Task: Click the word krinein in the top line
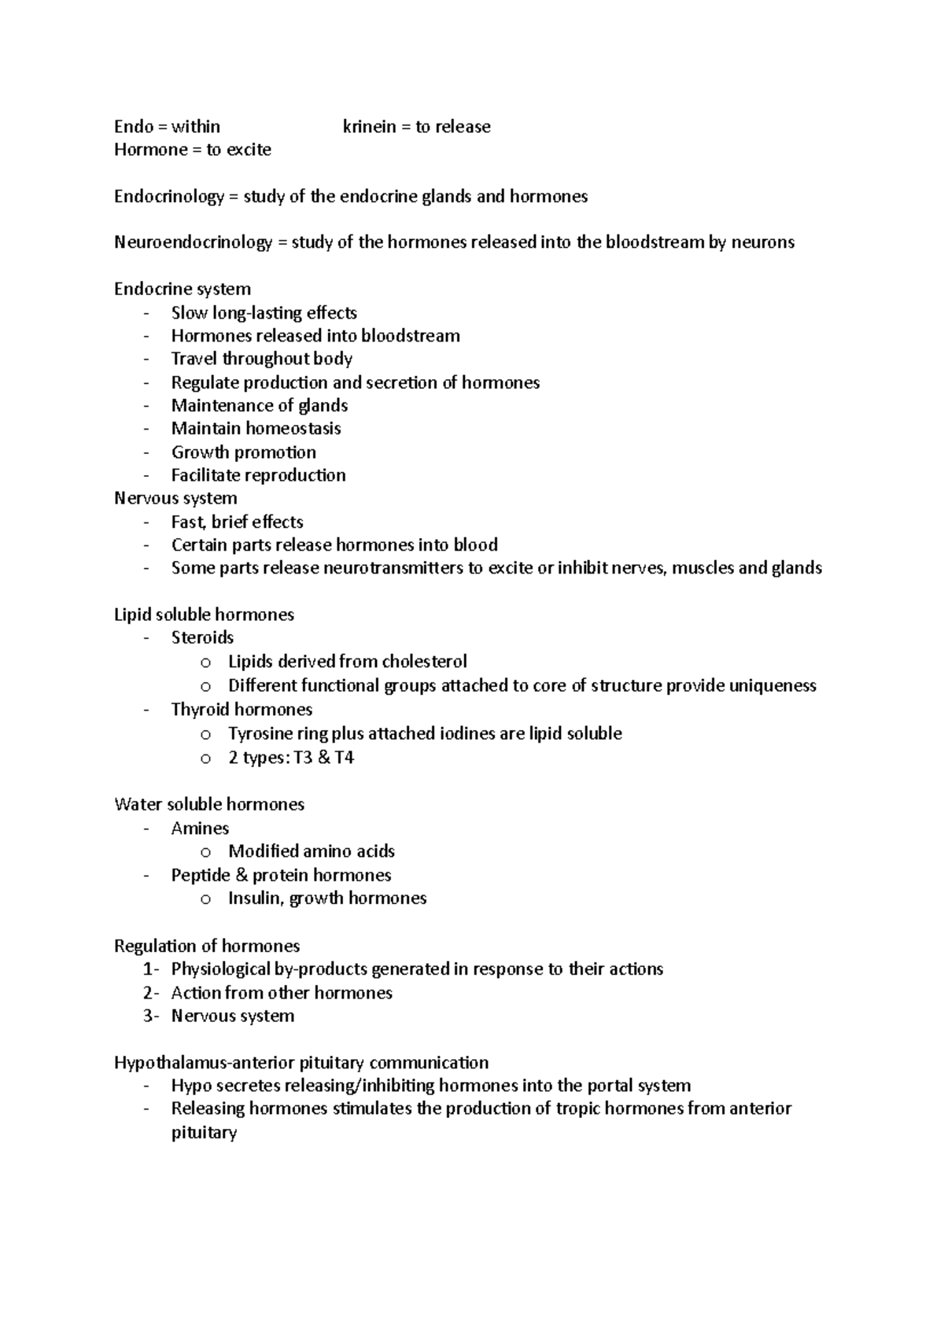point(369,127)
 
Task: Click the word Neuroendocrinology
point(193,242)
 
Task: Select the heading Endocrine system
point(182,289)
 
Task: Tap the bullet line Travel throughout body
point(261,359)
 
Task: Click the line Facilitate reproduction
point(258,475)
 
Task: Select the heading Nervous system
point(175,498)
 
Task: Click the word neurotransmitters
point(394,568)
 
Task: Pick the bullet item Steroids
point(202,637)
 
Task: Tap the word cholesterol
point(424,662)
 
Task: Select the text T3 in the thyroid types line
point(302,758)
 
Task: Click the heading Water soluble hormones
point(208,804)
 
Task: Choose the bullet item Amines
point(200,829)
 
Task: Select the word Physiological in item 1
point(220,969)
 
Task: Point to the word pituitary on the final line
point(204,1133)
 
